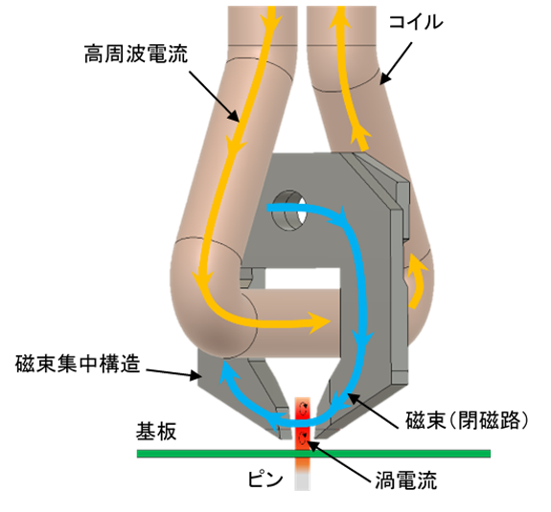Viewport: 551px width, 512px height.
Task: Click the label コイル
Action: [416, 22]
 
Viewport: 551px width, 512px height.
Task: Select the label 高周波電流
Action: [136, 54]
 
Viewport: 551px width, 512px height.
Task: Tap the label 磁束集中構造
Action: [78, 364]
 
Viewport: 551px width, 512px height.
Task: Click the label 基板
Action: [156, 432]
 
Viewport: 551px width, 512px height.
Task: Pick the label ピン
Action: [265, 479]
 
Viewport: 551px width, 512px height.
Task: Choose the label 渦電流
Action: [406, 480]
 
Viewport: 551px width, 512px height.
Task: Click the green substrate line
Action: [313, 454]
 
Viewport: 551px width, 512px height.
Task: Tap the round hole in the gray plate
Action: [289, 211]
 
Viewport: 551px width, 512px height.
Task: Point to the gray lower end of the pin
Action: [303, 479]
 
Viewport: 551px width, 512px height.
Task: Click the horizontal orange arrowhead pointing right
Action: [319, 322]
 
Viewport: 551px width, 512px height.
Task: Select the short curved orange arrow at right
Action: [417, 279]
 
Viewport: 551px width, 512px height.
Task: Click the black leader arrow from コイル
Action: [396, 63]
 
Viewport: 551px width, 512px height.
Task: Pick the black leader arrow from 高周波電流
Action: [215, 96]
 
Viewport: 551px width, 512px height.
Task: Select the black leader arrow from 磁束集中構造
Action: [173, 374]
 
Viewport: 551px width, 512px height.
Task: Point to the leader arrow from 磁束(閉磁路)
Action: [373, 411]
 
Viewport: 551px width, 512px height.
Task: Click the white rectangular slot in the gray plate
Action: [303, 279]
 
